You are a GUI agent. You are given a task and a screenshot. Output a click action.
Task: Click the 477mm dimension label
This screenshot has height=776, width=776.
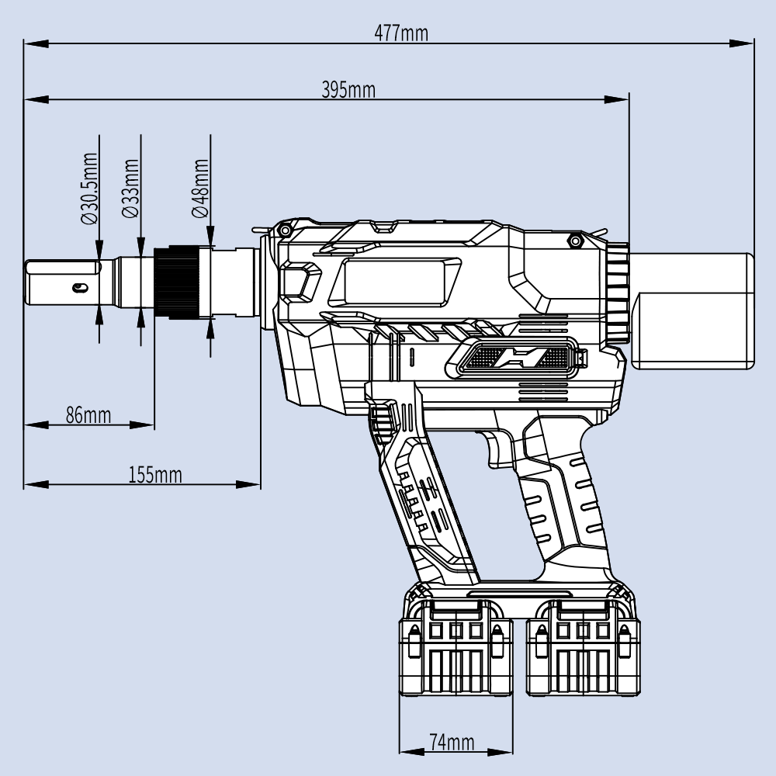pyautogui.click(x=401, y=33)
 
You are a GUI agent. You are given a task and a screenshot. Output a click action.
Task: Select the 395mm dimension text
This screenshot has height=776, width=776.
pyautogui.click(x=348, y=90)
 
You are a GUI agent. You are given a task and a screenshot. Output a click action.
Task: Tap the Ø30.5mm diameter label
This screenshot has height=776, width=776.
pyautogui.click(x=91, y=189)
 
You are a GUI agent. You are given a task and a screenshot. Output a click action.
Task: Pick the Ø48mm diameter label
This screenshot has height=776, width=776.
pyautogui.click(x=200, y=189)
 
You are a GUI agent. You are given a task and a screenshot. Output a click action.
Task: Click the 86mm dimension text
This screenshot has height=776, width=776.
pyautogui.click(x=88, y=414)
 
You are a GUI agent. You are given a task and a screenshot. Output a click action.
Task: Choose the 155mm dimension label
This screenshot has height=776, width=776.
pyautogui.click(x=155, y=475)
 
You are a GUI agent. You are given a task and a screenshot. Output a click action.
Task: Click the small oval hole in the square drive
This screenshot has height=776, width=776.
pyautogui.click(x=78, y=288)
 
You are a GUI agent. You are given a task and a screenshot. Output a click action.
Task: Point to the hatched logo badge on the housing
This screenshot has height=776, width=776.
pyautogui.click(x=513, y=359)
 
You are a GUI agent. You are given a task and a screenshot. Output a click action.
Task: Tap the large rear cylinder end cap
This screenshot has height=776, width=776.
pyautogui.click(x=695, y=310)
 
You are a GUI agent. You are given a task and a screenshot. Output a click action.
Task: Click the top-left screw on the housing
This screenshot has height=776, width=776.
pyautogui.click(x=286, y=230)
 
